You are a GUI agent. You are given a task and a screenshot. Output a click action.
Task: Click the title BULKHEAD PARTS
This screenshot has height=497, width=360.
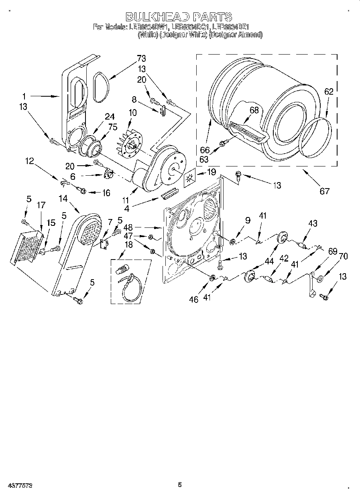(179, 16)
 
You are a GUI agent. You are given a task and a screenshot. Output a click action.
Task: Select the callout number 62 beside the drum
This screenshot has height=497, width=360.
(328, 92)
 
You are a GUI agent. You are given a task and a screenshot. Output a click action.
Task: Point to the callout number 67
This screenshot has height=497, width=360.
(324, 191)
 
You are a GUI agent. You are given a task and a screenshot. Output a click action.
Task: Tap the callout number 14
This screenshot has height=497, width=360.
(63, 198)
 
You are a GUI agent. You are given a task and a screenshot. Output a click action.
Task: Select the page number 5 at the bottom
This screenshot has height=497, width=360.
(180, 485)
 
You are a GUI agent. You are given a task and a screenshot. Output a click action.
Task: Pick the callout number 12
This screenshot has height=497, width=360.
(30, 162)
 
